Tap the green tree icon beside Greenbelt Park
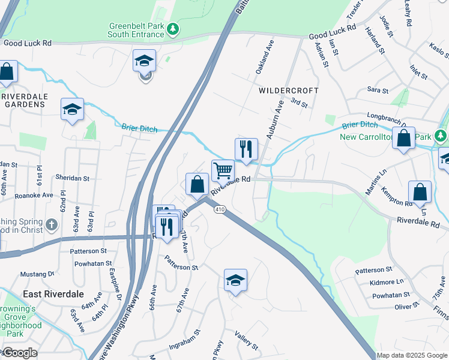[173, 28]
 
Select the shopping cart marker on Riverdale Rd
[223, 171]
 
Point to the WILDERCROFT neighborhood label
[288, 91]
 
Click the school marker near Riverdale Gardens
[73, 110]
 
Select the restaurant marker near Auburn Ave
[245, 150]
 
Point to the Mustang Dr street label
[38, 274]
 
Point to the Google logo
[20, 352]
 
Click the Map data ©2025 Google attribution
[411, 355]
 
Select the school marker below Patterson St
[235, 280]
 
